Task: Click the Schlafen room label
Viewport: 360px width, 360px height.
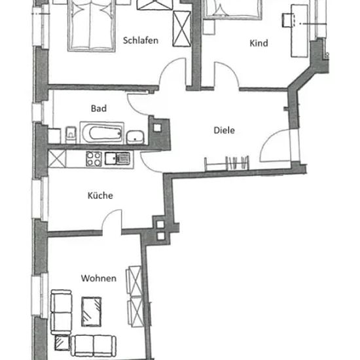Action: [141, 41]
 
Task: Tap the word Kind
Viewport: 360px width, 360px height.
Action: [259, 43]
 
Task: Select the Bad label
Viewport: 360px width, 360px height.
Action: [99, 109]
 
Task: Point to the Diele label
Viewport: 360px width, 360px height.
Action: [224, 130]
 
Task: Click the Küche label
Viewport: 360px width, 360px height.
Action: [100, 196]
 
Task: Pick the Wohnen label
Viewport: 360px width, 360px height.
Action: [99, 278]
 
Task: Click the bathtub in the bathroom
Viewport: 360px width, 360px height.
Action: [102, 133]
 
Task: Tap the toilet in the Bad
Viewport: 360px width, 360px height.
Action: [71, 135]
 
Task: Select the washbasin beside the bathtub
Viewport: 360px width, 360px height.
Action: [135, 137]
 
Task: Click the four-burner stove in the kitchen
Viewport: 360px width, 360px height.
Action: [94, 158]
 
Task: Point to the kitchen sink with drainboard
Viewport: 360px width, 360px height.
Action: [117, 158]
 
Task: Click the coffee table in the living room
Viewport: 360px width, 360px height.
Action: [92, 312]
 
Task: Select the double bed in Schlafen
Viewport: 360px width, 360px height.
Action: [92, 26]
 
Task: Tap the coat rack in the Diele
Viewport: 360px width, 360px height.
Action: [227, 164]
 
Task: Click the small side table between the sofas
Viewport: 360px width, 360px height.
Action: [62, 342]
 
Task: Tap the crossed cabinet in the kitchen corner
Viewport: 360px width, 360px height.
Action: [57, 158]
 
